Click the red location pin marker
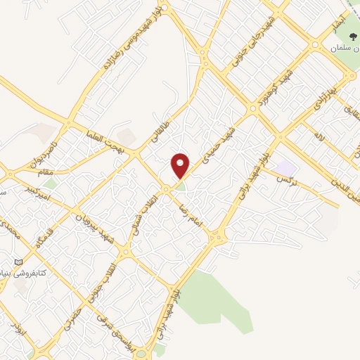point(181,165)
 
